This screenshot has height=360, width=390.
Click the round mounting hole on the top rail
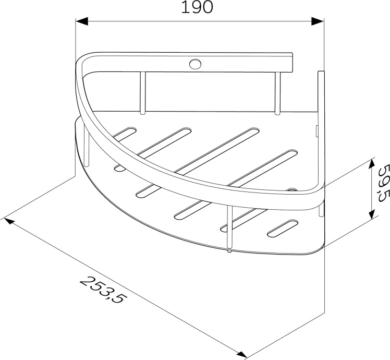tap(196, 64)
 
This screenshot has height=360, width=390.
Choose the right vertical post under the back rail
tap(278, 92)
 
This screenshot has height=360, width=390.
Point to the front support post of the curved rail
tap(228, 227)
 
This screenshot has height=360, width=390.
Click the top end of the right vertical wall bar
tap(321, 73)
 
